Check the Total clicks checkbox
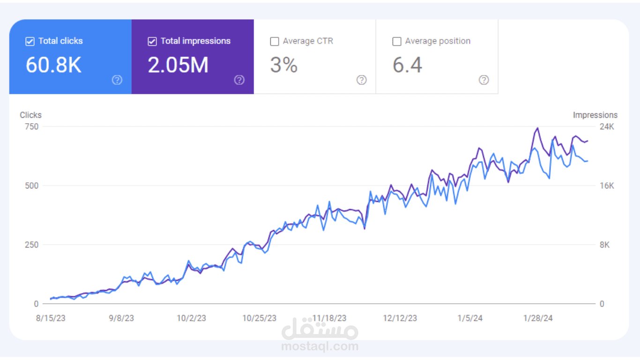pyautogui.click(x=30, y=42)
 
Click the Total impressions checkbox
pyautogui.click(x=152, y=42)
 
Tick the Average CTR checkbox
pyautogui.click(x=275, y=42)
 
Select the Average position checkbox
pyautogui.click(x=397, y=42)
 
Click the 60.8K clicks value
pyautogui.click(x=53, y=65)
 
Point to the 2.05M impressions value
pyautogui.click(x=178, y=65)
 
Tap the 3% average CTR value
pyautogui.click(x=283, y=65)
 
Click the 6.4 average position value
pyautogui.click(x=407, y=65)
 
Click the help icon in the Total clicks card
pyautogui.click(x=117, y=80)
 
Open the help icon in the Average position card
pyautogui.click(x=484, y=80)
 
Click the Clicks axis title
pyautogui.click(x=30, y=115)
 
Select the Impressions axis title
pyautogui.click(x=595, y=115)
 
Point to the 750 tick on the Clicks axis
pyautogui.click(x=31, y=127)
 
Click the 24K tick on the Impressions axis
pyautogui.click(x=607, y=127)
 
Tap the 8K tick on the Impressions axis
pyautogui.click(x=605, y=245)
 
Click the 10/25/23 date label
pyautogui.click(x=259, y=318)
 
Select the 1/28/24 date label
pyautogui.click(x=538, y=318)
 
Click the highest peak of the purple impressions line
pyautogui.click(x=537, y=128)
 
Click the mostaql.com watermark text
pyautogui.click(x=320, y=346)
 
